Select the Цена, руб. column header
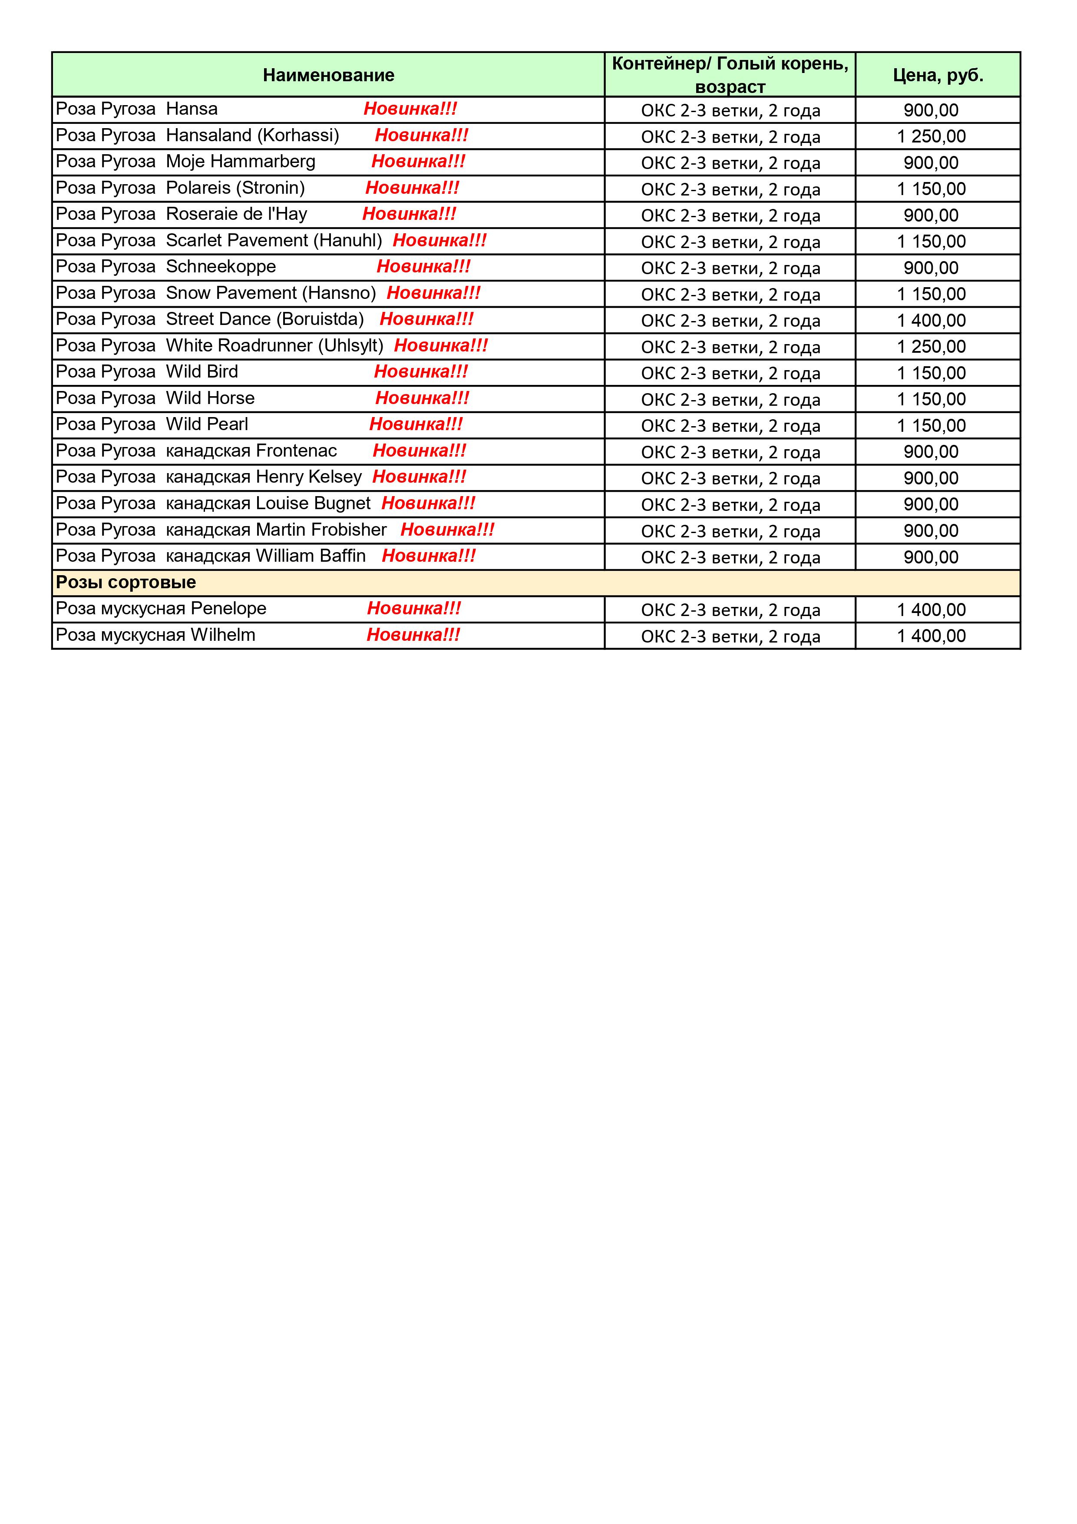[938, 75]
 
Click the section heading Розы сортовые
[126, 582]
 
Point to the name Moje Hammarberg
[240, 161]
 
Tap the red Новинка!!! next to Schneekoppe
[423, 267]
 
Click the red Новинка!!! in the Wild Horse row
[422, 398]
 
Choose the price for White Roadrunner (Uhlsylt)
[931, 347]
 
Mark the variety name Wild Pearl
[207, 424]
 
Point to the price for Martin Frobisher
[931, 531]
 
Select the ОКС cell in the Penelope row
[730, 610]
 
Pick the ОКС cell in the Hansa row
[730, 110]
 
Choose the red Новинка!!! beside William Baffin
[429, 556]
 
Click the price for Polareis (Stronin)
[931, 189]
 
